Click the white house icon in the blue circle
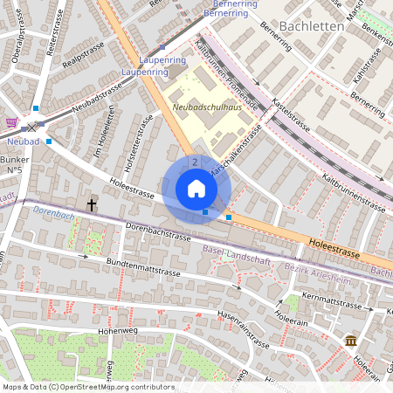click(196, 189)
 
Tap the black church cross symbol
click(92, 204)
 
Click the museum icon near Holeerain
click(350, 340)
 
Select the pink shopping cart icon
click(11, 122)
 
